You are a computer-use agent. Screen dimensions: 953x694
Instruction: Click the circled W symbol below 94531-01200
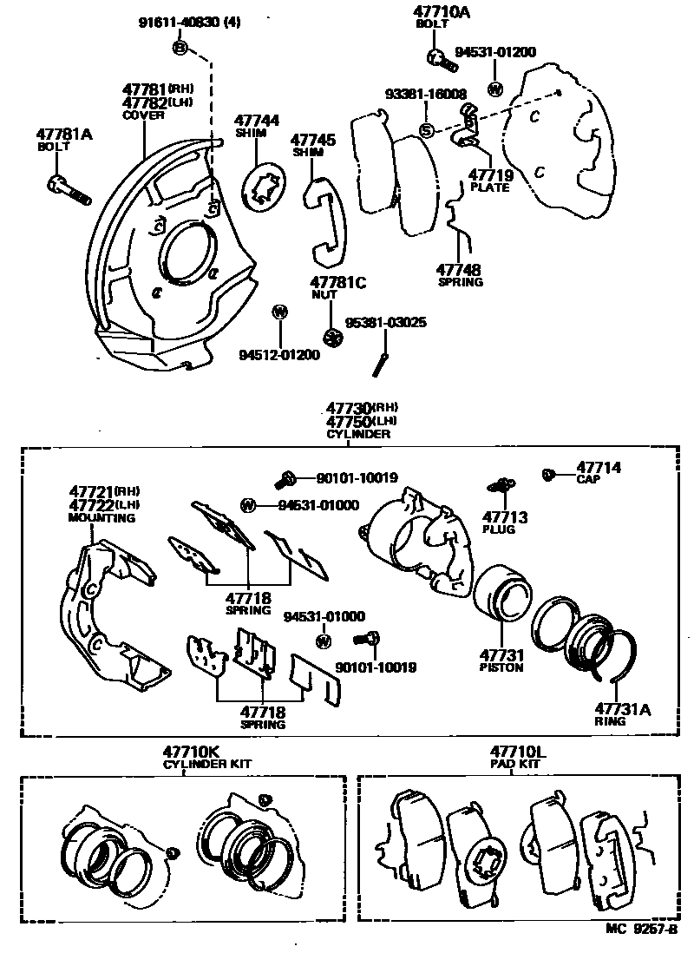[x=495, y=89]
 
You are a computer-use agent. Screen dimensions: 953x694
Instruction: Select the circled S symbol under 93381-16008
[x=426, y=130]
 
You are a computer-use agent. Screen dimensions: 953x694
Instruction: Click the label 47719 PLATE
[x=490, y=181]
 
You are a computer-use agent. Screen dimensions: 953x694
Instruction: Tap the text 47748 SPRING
[x=460, y=275]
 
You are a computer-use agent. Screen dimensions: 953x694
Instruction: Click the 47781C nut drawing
[x=330, y=336]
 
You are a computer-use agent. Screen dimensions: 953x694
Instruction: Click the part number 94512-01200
[x=279, y=355]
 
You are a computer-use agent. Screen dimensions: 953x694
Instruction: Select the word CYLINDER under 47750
[x=357, y=433]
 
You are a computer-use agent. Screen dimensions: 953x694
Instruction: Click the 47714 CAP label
[x=599, y=472]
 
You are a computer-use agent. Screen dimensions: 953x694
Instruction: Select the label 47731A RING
[x=621, y=714]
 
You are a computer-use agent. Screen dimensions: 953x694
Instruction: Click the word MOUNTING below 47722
[x=101, y=518]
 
